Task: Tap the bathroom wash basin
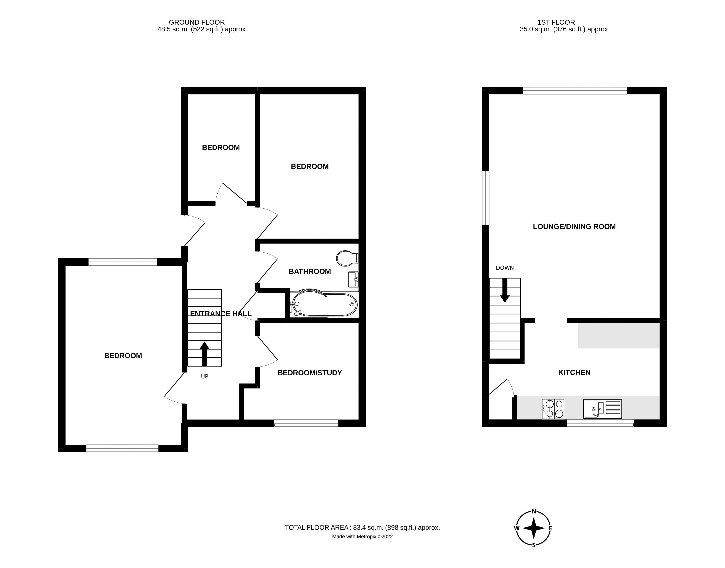click(353, 279)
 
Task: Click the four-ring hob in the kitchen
click(553, 409)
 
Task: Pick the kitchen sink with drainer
click(602, 408)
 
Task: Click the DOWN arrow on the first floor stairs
click(505, 290)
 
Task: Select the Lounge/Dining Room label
click(574, 227)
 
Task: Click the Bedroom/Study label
click(310, 373)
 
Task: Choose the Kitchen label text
click(574, 372)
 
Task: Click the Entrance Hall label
click(221, 314)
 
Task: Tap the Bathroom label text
click(310, 271)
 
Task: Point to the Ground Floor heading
click(197, 22)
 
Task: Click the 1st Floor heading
click(556, 22)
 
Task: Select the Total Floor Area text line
click(362, 527)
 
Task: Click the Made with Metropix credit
click(362, 536)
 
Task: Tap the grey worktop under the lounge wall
click(619, 335)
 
